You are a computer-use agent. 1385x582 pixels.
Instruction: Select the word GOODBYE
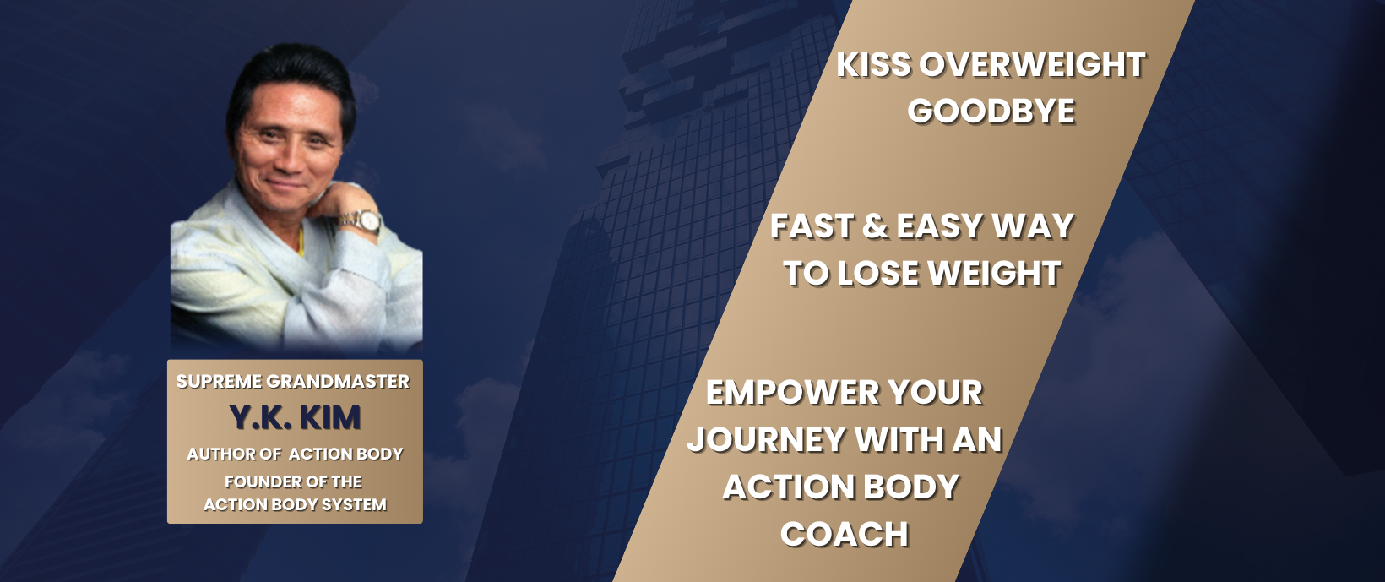tap(991, 112)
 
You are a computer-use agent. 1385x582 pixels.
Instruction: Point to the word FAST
tap(812, 226)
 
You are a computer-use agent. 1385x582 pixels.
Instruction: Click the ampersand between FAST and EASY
tap(875, 226)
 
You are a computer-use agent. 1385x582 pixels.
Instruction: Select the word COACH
tap(844, 535)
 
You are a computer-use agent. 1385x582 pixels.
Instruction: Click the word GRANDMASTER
tap(338, 382)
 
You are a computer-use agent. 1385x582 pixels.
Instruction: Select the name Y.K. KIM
tap(295, 418)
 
